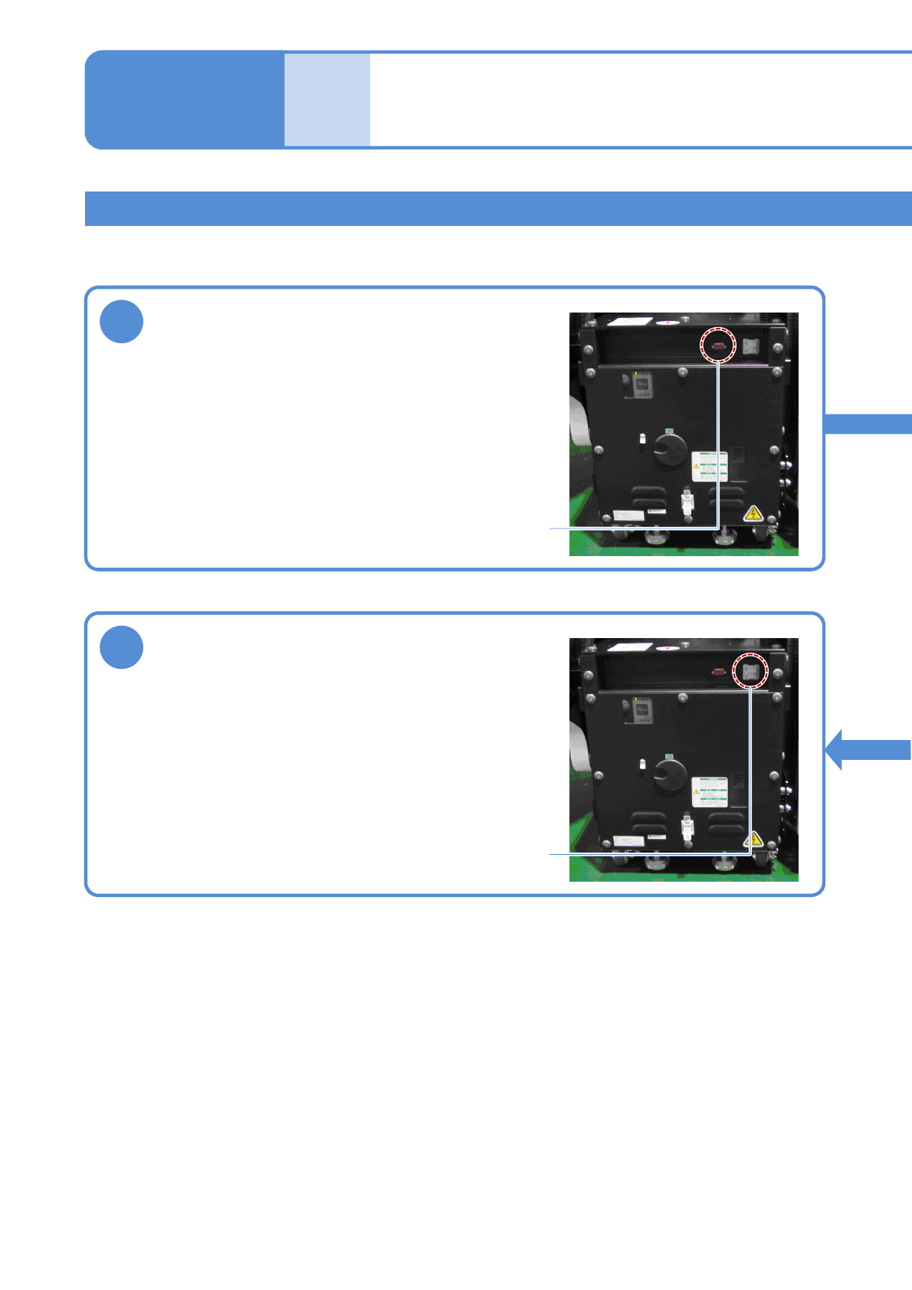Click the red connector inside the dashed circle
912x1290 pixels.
(x=719, y=346)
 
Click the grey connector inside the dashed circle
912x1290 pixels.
(x=750, y=672)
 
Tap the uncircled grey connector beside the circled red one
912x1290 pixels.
(x=750, y=346)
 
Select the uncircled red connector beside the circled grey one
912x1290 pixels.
(x=719, y=672)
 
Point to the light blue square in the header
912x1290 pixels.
(x=327, y=100)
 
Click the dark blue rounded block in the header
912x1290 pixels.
(x=185, y=100)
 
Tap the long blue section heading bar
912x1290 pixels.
(x=498, y=208)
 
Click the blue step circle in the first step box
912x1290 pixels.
(x=121, y=322)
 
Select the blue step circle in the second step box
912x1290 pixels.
(x=121, y=647)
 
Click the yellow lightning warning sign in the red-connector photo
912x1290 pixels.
(x=753, y=513)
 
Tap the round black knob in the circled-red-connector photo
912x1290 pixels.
(x=670, y=450)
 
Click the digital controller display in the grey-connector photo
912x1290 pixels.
(x=642, y=710)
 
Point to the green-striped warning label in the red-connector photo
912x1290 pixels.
(x=710, y=466)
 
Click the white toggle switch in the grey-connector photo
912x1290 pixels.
(x=642, y=765)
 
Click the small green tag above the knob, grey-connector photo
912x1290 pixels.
(x=669, y=756)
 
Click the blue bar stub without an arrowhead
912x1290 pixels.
(x=868, y=424)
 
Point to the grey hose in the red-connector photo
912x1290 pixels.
(x=579, y=425)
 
